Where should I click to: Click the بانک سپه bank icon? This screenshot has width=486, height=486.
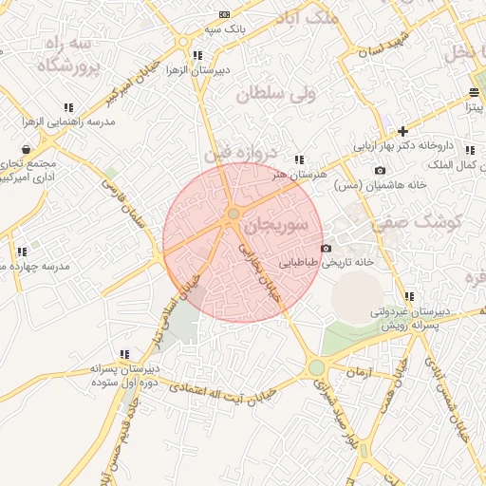coord(224,14)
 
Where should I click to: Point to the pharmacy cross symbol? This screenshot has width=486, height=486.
coord(402,131)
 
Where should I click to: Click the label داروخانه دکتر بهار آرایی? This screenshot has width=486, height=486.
coord(419,148)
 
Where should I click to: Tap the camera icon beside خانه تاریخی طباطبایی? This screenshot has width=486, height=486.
coord(326,249)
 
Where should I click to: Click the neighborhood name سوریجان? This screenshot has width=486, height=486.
coord(276,226)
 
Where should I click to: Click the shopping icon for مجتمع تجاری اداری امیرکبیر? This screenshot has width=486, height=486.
coord(25,149)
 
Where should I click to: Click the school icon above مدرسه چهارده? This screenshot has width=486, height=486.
coord(21,252)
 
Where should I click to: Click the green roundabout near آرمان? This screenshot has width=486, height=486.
coord(317,367)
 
